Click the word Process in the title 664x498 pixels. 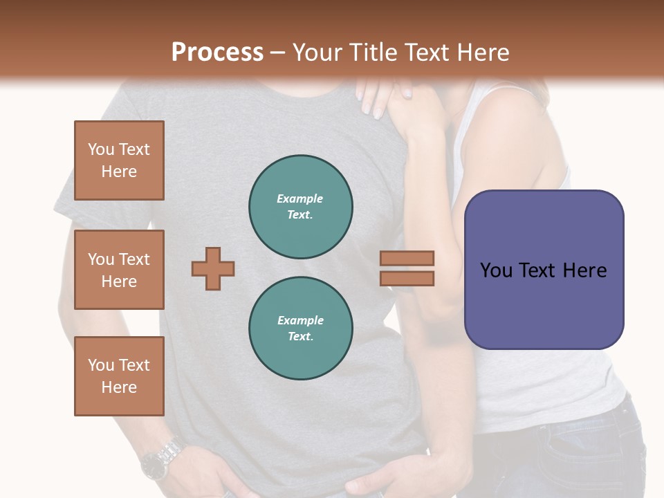[x=217, y=53]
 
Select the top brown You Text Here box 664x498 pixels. [x=119, y=160]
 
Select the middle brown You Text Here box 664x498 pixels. [x=119, y=270]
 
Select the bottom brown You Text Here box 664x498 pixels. [x=119, y=376]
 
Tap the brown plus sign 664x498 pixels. [x=213, y=268]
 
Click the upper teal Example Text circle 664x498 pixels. [x=300, y=207]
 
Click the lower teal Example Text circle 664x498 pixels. [x=300, y=329]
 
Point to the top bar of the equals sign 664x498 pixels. [x=407, y=258]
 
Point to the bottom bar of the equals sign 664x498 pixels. [x=407, y=278]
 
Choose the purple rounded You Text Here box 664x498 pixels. [x=544, y=270]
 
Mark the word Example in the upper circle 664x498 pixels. [x=300, y=199]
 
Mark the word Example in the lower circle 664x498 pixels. [x=300, y=320]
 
